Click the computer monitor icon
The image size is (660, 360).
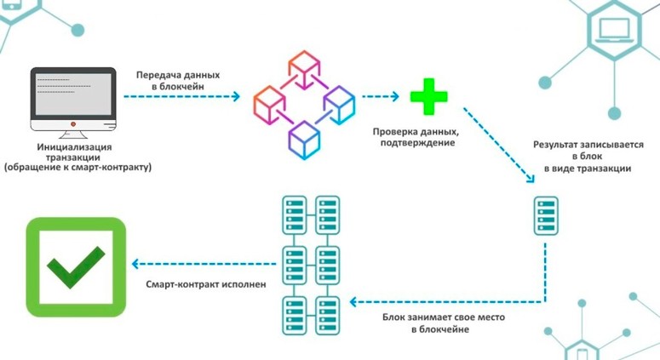click(x=73, y=100)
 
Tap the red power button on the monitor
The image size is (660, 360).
click(x=73, y=124)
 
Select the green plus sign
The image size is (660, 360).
click(x=428, y=97)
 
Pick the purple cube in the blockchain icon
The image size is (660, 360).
click(x=339, y=104)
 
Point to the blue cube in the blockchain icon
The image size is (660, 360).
click(x=304, y=135)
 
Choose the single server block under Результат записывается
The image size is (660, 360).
click(x=546, y=216)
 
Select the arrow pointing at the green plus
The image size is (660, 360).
click(x=381, y=97)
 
